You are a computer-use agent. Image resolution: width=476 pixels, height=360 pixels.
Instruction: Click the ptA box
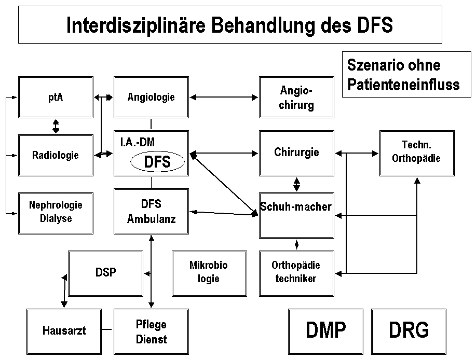(x=56, y=97)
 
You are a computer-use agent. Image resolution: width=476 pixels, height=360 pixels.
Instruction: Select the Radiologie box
(x=56, y=155)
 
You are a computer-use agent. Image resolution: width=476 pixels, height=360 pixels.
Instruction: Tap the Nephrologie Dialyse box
(x=56, y=212)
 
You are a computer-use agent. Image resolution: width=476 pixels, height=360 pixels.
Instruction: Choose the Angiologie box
(x=151, y=97)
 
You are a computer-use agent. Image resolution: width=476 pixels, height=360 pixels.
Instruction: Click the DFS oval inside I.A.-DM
(x=157, y=162)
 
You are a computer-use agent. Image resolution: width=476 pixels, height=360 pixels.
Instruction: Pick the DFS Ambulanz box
(x=151, y=212)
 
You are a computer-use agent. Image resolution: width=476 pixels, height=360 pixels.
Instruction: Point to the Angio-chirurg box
(x=296, y=98)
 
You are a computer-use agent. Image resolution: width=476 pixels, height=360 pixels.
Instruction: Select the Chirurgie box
(x=296, y=153)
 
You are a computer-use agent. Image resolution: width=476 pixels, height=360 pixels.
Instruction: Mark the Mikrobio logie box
(x=209, y=271)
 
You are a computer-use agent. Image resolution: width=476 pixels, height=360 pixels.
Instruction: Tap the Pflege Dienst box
(x=151, y=332)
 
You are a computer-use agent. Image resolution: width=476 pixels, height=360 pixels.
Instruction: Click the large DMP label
(x=325, y=330)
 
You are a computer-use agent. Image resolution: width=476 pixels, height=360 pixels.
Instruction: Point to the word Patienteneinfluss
(x=403, y=84)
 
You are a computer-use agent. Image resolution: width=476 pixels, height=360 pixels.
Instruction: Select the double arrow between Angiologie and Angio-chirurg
(x=224, y=97)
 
